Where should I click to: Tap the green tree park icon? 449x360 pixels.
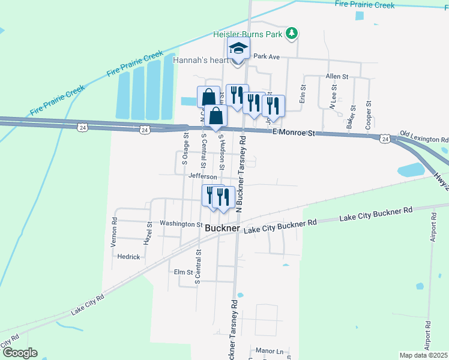[x=291, y=33]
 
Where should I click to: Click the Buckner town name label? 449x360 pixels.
[x=222, y=229]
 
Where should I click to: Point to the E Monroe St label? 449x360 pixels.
[x=293, y=133]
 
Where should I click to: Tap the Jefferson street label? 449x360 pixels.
[x=202, y=177]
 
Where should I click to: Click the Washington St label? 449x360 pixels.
[x=181, y=224]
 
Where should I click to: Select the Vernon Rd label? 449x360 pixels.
[x=113, y=229]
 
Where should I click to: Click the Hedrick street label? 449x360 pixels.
[x=128, y=257]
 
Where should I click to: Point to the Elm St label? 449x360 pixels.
[x=182, y=272]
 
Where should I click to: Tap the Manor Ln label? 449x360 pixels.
[x=268, y=350]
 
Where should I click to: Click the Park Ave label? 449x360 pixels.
[x=267, y=56]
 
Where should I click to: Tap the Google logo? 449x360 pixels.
[x=19, y=353]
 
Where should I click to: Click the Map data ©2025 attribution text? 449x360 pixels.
[x=423, y=355]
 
